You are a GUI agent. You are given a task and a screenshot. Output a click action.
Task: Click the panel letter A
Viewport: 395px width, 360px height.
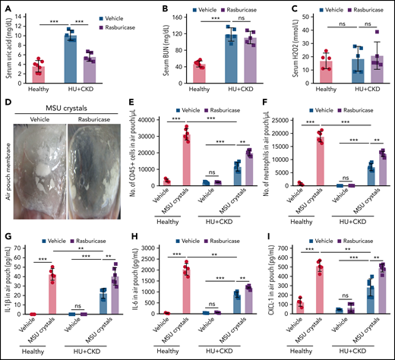[x=5, y=8]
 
